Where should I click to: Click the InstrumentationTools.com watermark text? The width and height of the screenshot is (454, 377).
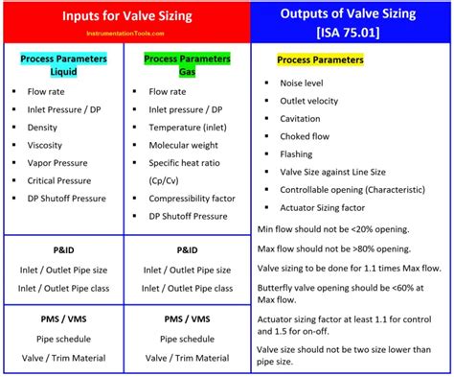pyautogui.click(x=80, y=33)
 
